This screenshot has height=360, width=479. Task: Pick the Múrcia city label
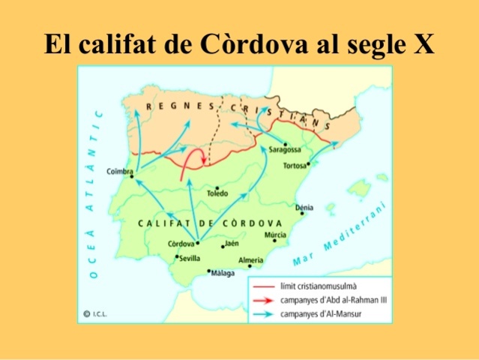click(x=275, y=235)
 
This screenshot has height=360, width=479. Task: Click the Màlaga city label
click(x=223, y=274)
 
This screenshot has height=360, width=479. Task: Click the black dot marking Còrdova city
click(x=197, y=242)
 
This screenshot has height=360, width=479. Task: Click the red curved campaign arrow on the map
click(x=193, y=156)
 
